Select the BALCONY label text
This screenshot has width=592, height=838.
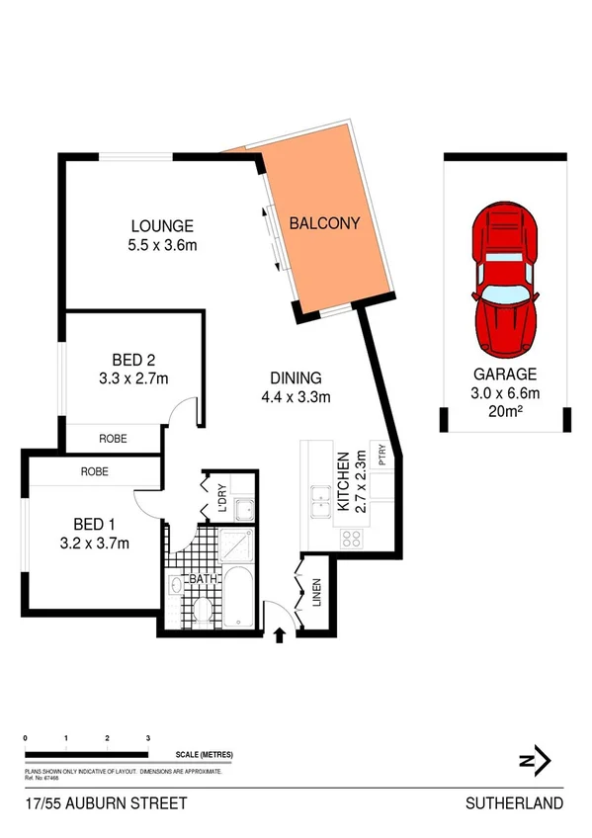click(x=324, y=223)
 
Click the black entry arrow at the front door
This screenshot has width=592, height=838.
click(x=280, y=632)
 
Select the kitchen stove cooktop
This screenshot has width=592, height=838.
click(x=351, y=539)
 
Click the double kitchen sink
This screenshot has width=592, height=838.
click(x=321, y=502)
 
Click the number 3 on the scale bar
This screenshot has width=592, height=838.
click(x=147, y=738)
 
